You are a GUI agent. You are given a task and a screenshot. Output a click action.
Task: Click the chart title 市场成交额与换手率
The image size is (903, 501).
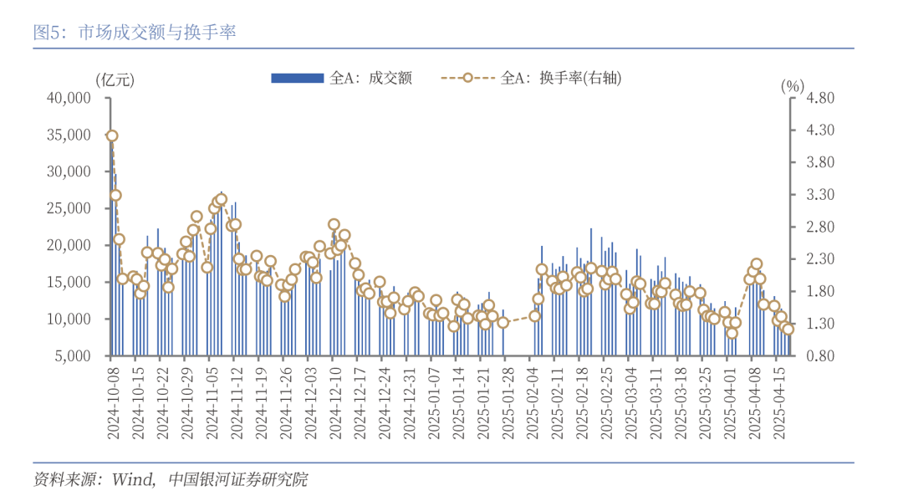157,33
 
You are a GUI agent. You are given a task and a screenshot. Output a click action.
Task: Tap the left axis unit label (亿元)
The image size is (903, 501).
114,80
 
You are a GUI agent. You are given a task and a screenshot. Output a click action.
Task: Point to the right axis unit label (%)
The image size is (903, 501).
792,85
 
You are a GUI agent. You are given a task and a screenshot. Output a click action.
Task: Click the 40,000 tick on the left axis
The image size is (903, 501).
69,98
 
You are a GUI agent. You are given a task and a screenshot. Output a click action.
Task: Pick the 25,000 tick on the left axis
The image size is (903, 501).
69,208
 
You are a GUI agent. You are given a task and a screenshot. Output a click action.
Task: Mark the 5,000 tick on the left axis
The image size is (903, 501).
73,355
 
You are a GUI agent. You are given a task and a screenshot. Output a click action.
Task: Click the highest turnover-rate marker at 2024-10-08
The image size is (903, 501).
112,135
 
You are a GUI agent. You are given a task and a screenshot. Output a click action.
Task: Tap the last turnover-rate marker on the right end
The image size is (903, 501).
788,329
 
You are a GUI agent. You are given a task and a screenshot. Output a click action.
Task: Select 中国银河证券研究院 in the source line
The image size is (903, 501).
237,479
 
